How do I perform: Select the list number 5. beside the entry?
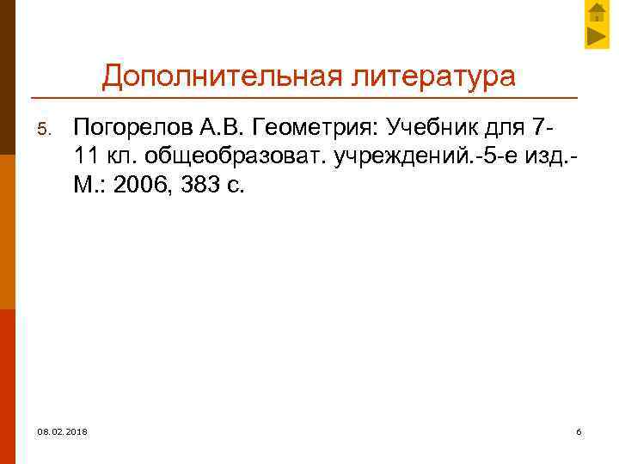(x=48, y=130)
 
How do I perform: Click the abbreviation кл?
(x=125, y=157)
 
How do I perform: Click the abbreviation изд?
(x=542, y=157)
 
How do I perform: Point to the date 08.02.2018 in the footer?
(x=62, y=430)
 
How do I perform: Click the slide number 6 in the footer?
(x=579, y=430)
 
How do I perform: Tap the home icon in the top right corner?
(x=597, y=13)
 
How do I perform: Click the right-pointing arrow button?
(x=597, y=37)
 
